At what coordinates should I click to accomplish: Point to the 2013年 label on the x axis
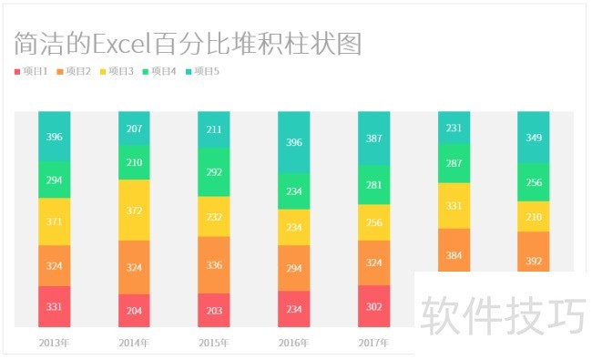coord(54,343)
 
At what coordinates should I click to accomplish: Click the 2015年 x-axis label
coord(214,343)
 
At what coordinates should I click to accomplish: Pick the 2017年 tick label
coord(373,343)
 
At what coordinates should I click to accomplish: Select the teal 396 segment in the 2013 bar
coord(54,137)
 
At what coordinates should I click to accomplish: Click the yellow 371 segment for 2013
coord(54,221)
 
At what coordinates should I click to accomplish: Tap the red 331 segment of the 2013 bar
coord(54,306)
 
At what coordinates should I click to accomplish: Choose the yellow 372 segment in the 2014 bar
coord(134,211)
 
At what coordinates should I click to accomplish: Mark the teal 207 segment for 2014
coord(134,129)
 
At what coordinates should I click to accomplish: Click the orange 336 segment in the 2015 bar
coord(214,265)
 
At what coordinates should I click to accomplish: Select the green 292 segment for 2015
coord(214,171)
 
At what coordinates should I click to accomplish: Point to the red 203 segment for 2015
coord(214,310)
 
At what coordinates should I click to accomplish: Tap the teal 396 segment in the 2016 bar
coord(293,142)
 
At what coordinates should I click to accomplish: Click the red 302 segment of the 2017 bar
coord(373,306)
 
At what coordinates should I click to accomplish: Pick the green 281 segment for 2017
coord(373,185)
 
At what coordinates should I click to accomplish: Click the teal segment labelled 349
coord(533,138)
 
